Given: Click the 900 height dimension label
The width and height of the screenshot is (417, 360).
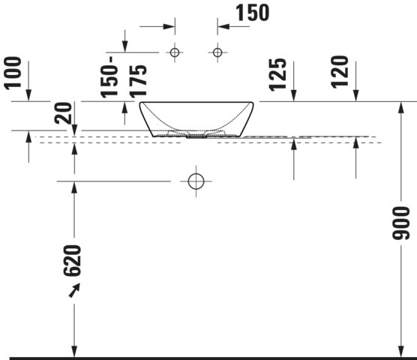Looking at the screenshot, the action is pos(400,223).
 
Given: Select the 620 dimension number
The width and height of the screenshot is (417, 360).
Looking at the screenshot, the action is pos(72,260).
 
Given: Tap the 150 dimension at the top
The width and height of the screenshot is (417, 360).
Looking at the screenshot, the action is pos(253,13).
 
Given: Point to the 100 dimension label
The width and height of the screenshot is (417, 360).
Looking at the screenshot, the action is pos(13,73).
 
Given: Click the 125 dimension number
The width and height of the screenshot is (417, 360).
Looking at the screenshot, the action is pos(277,75).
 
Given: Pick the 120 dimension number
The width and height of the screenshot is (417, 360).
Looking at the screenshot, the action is pos(340,72).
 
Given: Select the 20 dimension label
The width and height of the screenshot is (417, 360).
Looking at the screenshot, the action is pos(63,113).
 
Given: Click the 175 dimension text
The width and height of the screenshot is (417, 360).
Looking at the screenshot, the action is pos(138,81).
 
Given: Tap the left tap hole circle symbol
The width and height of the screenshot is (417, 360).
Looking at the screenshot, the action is pos(175,52).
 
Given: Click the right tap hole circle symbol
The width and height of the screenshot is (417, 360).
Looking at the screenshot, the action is pos(217,52).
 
